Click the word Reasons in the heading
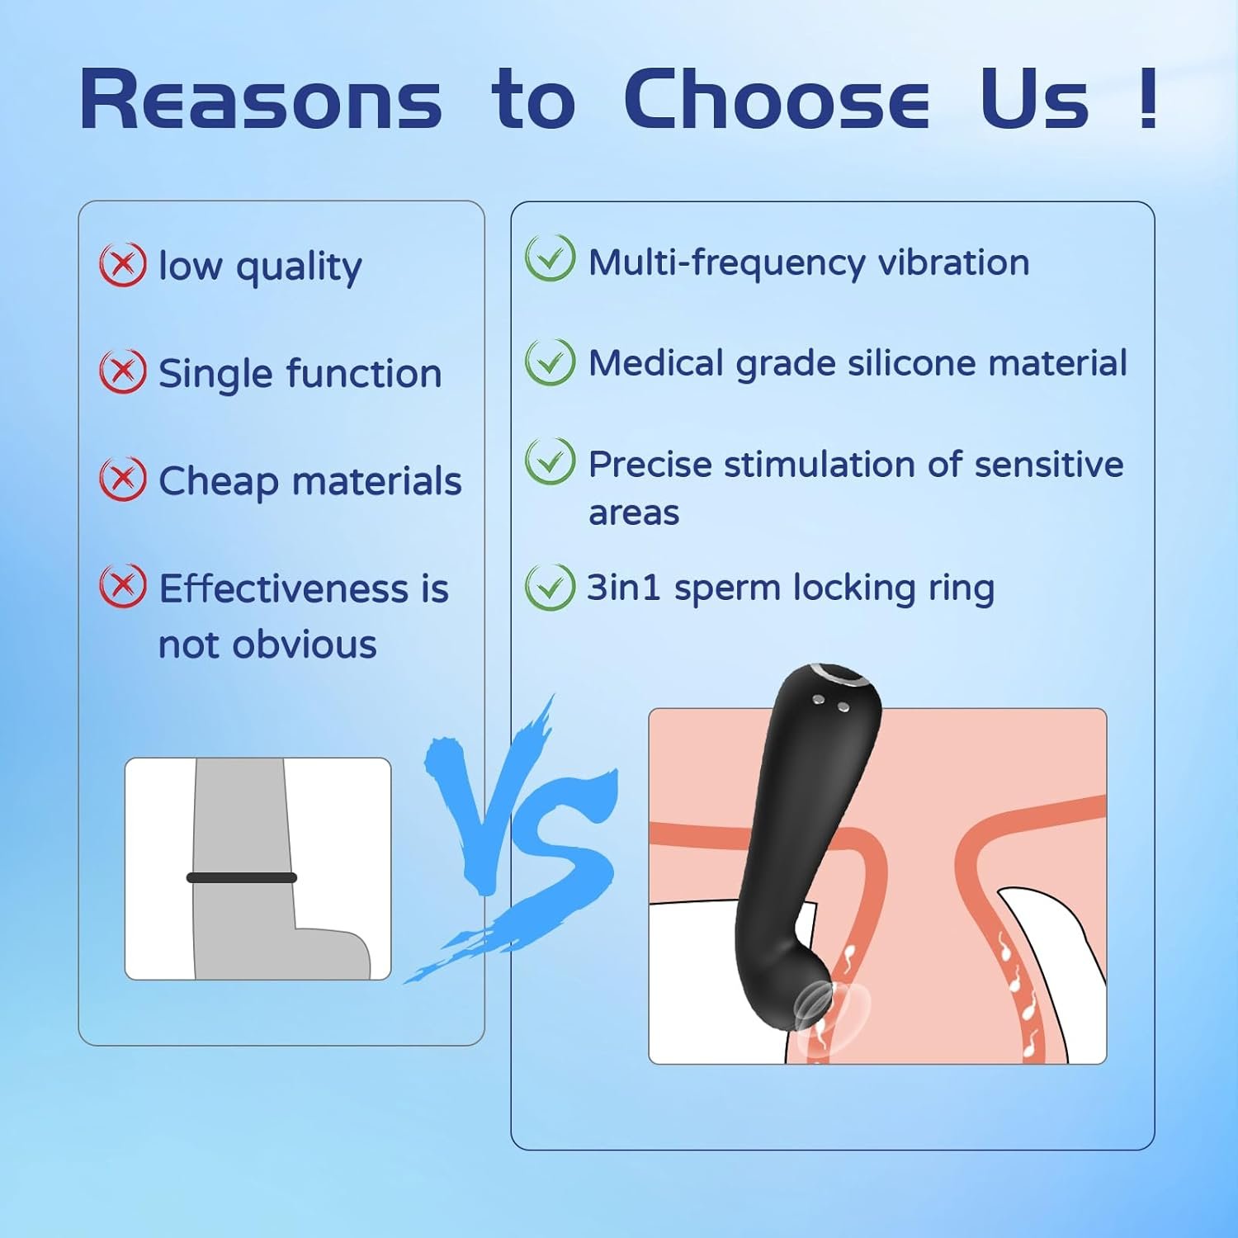pos(261,99)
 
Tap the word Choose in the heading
pos(777,99)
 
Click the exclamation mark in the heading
pos(1147,97)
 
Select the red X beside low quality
pos(123,265)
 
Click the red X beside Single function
pos(123,371)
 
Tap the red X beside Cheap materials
pos(123,479)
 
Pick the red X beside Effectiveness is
pos(123,585)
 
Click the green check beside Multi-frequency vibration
pos(550,258)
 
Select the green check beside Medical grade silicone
pos(550,361)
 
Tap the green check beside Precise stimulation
pos(550,461)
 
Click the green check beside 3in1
pos(550,587)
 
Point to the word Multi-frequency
pos(727,263)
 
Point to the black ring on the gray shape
pos(241,877)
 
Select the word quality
pos(299,268)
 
